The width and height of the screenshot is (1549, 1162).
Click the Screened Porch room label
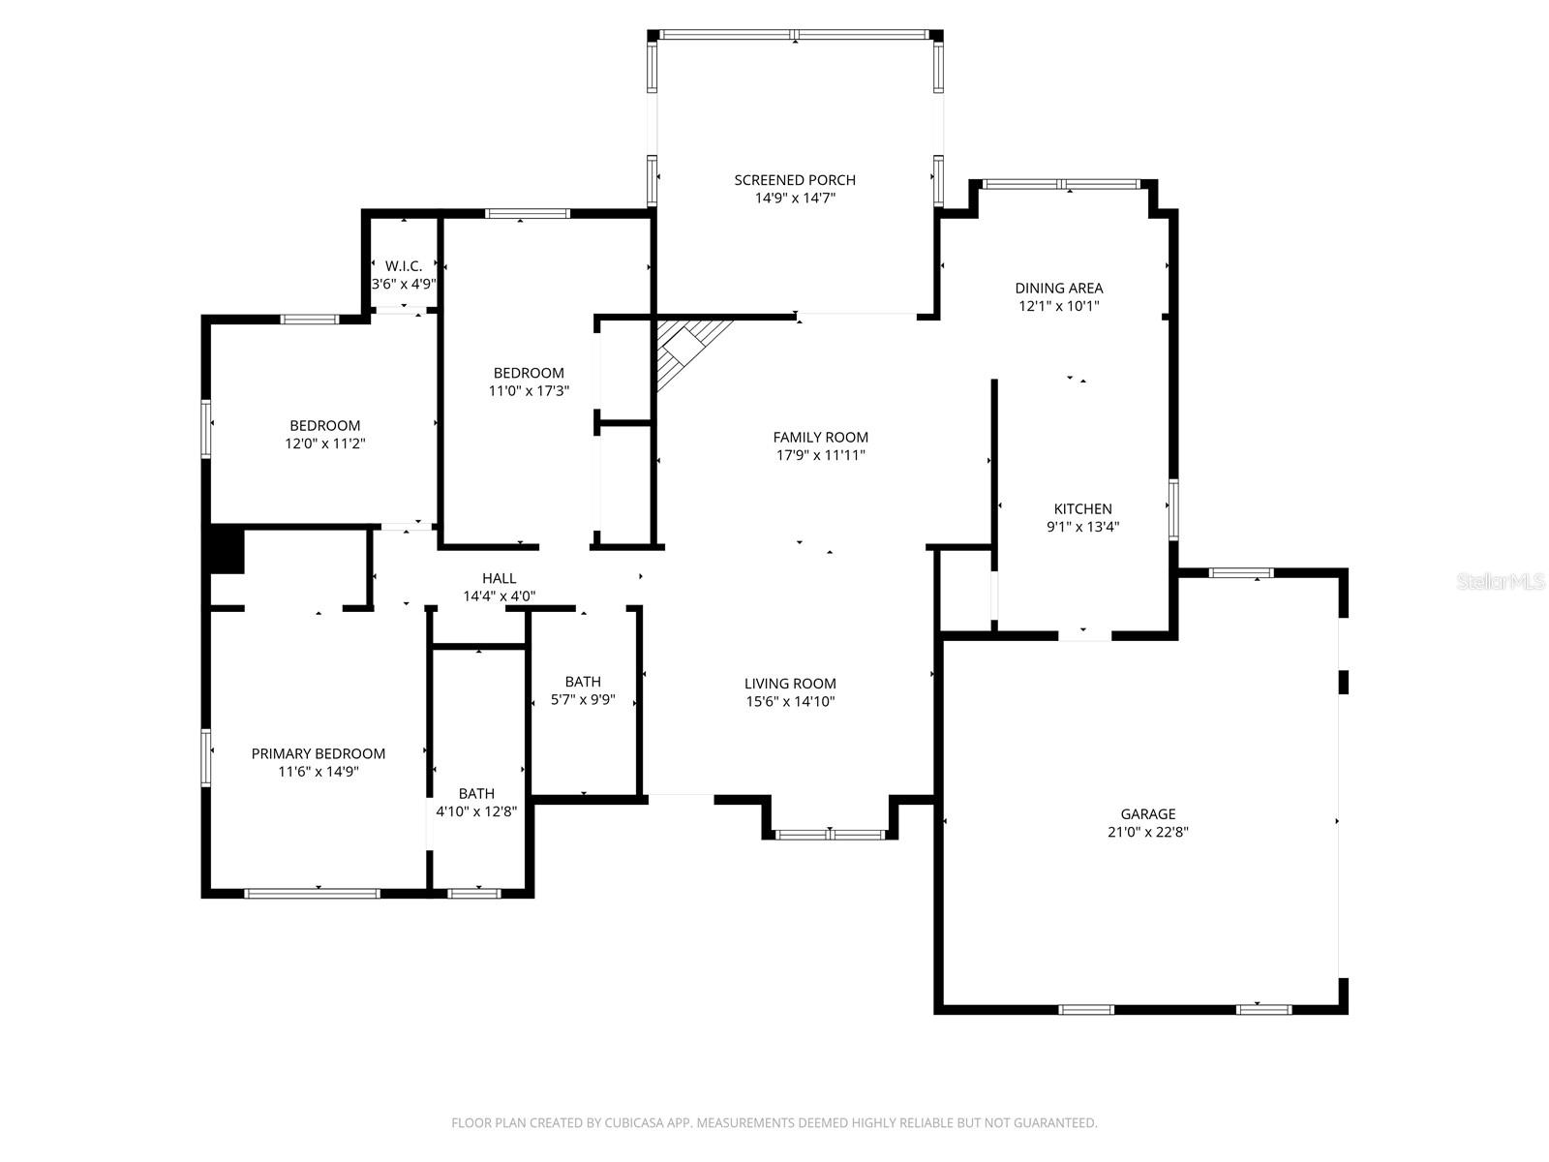pyautogui.click(x=795, y=180)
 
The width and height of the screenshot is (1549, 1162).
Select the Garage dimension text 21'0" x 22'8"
pyautogui.click(x=1148, y=832)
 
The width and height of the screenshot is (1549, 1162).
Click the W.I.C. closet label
pyautogui.click(x=404, y=266)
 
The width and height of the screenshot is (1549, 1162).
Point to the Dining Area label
pyautogui.click(x=1059, y=288)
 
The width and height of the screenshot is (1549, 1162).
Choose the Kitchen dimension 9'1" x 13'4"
pyautogui.click(x=1083, y=527)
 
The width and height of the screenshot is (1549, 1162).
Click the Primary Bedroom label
pyautogui.click(x=319, y=753)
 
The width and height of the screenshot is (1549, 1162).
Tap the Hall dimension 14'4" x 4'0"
pyautogui.click(x=500, y=596)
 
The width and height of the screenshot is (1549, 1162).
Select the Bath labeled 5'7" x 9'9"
pyautogui.click(x=583, y=682)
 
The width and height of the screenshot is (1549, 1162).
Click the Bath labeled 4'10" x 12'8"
pyautogui.click(x=477, y=793)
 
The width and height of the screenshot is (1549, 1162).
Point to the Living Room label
pyautogui.click(x=790, y=684)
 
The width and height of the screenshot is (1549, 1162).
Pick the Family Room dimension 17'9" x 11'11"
pyautogui.click(x=821, y=455)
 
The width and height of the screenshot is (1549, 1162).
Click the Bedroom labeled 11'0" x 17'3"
pyautogui.click(x=529, y=373)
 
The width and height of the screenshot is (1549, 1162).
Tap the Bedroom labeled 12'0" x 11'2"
pyautogui.click(x=325, y=425)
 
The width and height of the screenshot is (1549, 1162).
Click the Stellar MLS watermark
pyautogui.click(x=1502, y=582)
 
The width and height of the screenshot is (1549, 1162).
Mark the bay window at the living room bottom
pyautogui.click(x=831, y=834)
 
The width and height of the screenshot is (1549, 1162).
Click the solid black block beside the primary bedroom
pyautogui.click(x=228, y=549)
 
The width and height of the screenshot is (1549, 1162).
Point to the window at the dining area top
pyautogui.click(x=1062, y=184)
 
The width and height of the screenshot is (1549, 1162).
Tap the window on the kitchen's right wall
pyautogui.click(x=1173, y=508)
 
